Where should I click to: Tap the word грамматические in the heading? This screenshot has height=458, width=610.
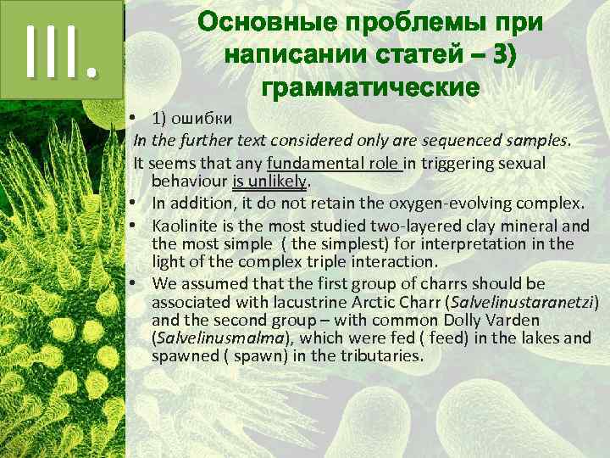click(x=371, y=87)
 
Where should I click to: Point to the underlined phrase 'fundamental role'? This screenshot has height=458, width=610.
click(x=334, y=162)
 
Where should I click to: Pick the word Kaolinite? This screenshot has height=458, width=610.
click(x=187, y=226)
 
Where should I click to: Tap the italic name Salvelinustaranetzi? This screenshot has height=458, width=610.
click(x=526, y=302)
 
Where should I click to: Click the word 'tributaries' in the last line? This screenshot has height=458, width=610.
click(x=380, y=356)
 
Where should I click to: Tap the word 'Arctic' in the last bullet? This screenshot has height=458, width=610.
click(x=369, y=302)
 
